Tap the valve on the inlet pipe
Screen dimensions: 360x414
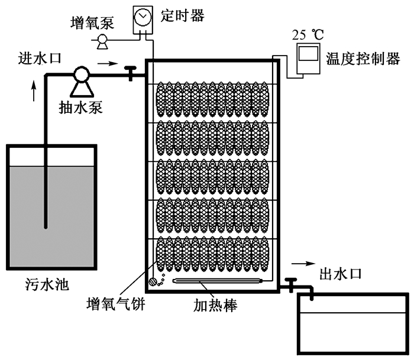[130, 73]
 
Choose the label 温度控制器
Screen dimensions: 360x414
[363, 59]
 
